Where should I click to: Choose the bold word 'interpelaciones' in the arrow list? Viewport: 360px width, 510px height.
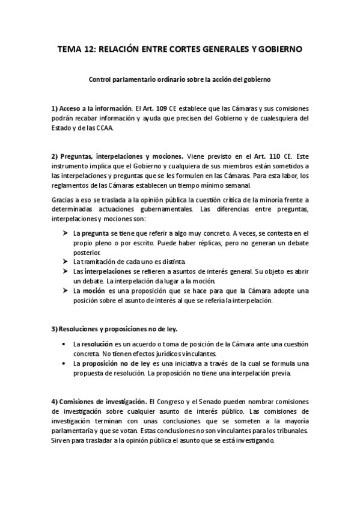click(106, 272)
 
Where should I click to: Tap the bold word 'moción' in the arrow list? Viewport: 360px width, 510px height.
click(93, 291)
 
